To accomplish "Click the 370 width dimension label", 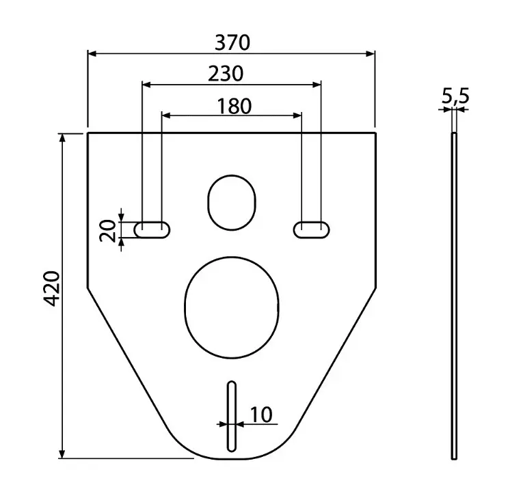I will [x=232, y=43].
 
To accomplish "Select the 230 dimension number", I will [x=226, y=73].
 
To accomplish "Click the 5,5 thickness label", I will [x=455, y=98].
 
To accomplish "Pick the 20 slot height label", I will [x=107, y=231].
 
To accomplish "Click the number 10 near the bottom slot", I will [x=260, y=415].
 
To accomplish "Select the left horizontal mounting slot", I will [x=152, y=229].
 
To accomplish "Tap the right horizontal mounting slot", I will [x=310, y=229].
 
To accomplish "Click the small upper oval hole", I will [x=232, y=201].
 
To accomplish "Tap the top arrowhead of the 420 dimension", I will [x=63, y=137].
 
